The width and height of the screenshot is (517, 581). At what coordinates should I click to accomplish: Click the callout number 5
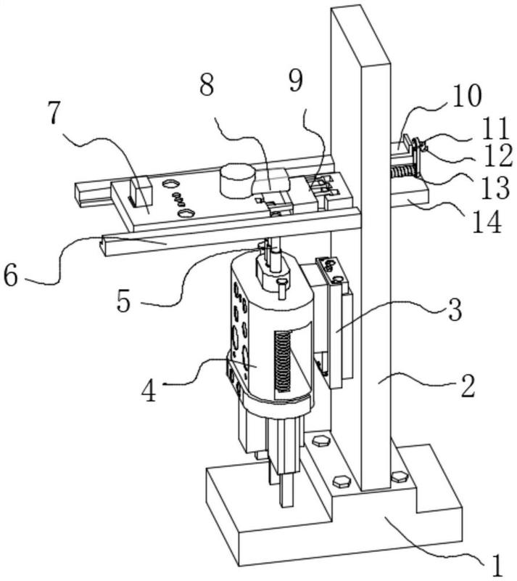tap(124, 300)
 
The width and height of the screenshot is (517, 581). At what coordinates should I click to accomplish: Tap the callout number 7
tap(54, 112)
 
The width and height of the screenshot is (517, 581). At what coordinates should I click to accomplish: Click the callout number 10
tap(467, 96)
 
